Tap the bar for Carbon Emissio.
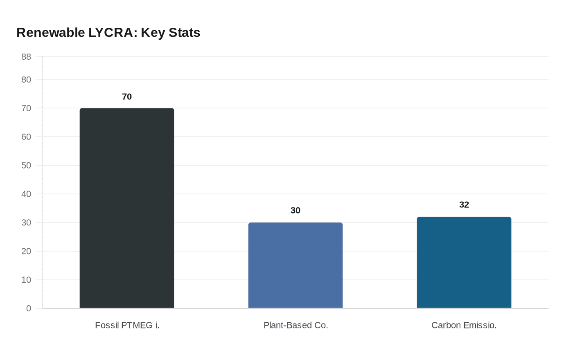click(464, 262)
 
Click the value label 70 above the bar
click(127, 97)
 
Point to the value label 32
click(464, 205)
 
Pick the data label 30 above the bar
click(296, 211)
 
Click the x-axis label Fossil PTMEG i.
click(127, 325)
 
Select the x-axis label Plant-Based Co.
click(296, 325)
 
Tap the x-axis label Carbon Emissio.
click(464, 325)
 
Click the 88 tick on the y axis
click(26, 57)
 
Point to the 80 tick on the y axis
click(26, 80)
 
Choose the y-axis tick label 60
click(26, 137)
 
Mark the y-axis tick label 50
click(26, 166)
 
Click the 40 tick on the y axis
click(26, 194)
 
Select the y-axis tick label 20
click(26, 251)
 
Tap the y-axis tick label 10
click(26, 280)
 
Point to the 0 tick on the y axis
click(29, 308)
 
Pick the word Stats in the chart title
click(185, 33)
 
